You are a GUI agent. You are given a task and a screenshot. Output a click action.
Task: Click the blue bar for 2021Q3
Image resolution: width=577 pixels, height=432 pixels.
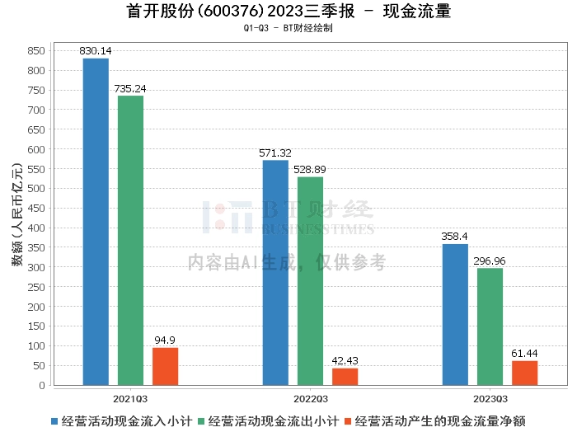coord(96,222)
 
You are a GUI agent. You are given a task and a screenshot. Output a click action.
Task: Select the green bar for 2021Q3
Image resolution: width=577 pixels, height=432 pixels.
coord(130,241)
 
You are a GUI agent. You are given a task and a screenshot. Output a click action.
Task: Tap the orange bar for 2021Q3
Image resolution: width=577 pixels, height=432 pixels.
coord(165,366)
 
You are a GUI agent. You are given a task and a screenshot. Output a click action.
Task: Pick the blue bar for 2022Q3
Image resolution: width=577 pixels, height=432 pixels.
coord(275,273)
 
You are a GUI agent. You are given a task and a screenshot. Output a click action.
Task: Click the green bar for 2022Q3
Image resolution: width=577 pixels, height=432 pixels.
coord(310,281)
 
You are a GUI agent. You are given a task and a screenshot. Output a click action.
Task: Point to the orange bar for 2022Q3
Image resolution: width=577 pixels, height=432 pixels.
coord(345,377)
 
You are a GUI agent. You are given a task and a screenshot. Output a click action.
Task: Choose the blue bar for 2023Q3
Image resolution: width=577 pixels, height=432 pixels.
coord(455,314)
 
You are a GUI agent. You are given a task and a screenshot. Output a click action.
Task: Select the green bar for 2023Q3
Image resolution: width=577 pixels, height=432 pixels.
coord(490,326)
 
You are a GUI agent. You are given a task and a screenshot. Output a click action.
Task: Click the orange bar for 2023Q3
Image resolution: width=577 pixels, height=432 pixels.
coord(524,373)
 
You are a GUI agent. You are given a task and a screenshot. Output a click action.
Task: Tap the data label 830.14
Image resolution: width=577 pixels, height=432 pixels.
coord(96,51)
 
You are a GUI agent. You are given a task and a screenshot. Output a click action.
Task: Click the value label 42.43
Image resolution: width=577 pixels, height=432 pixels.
coord(345,361)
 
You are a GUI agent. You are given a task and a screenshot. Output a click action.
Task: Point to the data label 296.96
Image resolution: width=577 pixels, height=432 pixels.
coord(490,261)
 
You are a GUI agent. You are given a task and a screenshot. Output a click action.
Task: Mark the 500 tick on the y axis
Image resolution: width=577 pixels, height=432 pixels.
coord(36,189)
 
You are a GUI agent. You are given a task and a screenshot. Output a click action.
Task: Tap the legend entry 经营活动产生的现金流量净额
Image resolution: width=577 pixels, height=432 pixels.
coord(442,420)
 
